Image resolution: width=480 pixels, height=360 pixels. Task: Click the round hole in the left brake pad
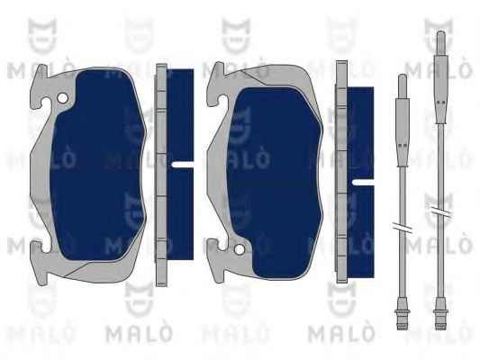(x=62, y=98)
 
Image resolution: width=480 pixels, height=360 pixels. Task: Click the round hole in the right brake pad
(x=239, y=249)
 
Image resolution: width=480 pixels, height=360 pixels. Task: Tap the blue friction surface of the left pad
(x=97, y=166)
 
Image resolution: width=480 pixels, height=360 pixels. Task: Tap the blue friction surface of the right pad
(x=275, y=183)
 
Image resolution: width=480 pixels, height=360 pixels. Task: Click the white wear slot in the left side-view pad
(x=183, y=164)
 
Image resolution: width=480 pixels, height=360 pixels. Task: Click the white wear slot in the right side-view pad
(x=363, y=183)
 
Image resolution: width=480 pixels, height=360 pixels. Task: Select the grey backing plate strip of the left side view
(x=161, y=175)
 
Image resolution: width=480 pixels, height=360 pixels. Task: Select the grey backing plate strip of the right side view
(x=341, y=172)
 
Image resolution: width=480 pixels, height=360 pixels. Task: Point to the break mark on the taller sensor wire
(x=440, y=211)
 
